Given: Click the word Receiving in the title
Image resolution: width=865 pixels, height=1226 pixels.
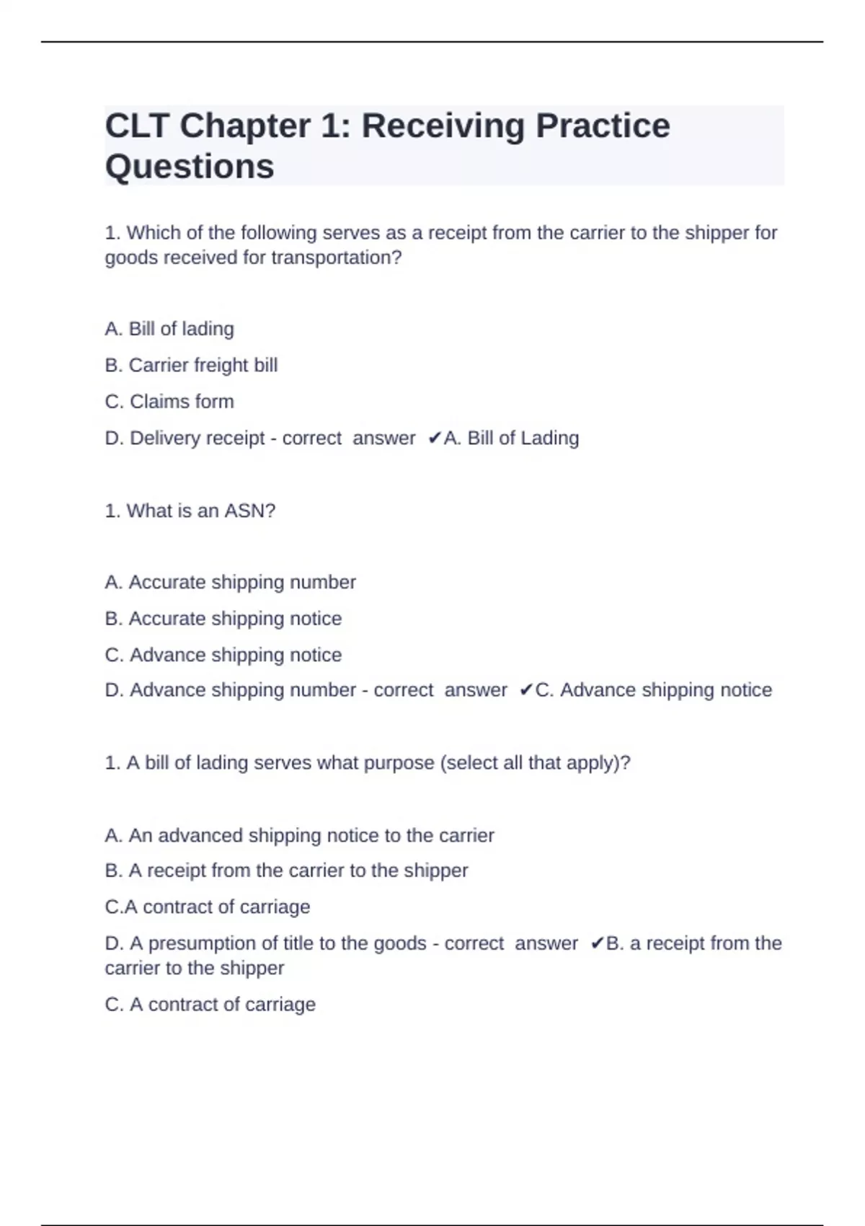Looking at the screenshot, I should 443,126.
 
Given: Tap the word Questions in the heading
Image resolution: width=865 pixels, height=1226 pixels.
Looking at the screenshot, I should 190,167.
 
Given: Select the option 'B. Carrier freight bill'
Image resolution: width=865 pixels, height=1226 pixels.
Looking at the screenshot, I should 191,366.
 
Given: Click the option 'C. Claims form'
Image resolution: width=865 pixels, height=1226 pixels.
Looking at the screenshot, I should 169,402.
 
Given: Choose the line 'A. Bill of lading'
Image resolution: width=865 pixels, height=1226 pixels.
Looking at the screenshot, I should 169,329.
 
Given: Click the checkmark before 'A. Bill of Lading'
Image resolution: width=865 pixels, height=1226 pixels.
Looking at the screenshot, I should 434,438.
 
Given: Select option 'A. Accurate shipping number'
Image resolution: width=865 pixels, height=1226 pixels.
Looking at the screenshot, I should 230,583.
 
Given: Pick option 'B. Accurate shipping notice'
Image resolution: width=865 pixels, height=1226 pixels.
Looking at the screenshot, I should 223,619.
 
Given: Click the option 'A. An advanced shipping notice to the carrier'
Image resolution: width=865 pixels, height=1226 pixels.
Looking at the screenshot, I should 299,836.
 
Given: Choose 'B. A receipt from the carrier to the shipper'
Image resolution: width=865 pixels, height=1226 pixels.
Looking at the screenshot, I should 286,871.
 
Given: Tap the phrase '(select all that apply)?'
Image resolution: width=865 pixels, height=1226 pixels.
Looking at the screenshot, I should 535,763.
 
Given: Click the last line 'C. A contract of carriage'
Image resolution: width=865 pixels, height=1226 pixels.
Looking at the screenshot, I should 210,1005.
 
